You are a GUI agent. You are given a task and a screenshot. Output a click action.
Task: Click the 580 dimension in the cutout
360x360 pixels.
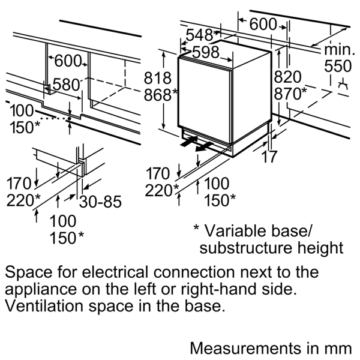point(66,85)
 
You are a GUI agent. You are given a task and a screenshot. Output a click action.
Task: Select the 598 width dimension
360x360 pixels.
point(206,52)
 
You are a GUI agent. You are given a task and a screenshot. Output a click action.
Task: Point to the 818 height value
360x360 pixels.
point(157,78)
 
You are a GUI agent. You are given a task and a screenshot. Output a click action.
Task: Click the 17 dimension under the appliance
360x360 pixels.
point(270,157)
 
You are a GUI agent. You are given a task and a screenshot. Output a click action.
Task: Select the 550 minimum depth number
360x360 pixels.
point(337,66)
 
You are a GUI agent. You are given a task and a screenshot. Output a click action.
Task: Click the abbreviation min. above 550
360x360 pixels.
point(340,50)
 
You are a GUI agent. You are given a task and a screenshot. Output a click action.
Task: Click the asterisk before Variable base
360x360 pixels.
point(196,230)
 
